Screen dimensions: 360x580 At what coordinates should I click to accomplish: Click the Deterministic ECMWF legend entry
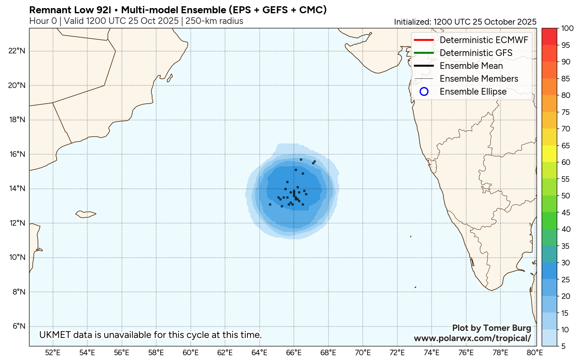[x=484, y=40]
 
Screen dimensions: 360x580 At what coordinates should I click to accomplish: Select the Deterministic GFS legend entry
[x=476, y=53]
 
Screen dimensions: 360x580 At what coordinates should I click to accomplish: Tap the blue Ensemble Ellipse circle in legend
[x=424, y=92]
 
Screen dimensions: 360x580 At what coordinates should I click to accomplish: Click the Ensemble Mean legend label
[x=471, y=66]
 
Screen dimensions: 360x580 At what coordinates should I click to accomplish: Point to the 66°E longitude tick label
[x=294, y=353]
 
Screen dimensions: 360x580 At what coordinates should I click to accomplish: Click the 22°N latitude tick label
[x=17, y=51]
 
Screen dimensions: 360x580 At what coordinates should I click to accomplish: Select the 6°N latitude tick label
[x=19, y=326]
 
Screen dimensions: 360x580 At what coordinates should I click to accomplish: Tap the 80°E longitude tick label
[x=534, y=353]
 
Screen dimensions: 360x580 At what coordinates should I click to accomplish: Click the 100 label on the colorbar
[x=567, y=28]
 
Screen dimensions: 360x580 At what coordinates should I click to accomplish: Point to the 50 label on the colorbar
[x=566, y=196]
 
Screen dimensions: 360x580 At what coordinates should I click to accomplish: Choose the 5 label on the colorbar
[x=563, y=346]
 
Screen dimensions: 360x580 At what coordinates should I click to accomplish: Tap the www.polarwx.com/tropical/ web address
[x=472, y=338]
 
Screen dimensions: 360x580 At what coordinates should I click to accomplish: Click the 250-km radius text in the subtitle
[x=214, y=21]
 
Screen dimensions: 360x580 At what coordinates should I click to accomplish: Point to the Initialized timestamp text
[x=465, y=22]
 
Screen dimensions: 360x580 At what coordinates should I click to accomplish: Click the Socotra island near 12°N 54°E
[x=85, y=214]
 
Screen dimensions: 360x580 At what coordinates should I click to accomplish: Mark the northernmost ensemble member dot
[x=301, y=159]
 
